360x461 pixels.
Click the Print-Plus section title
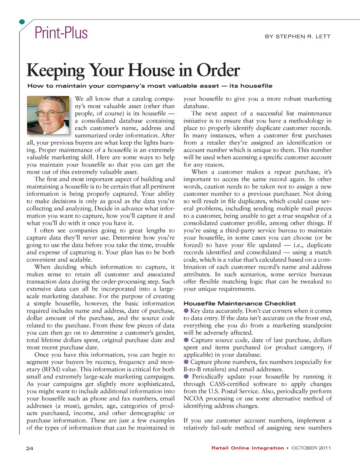[x=61, y=33]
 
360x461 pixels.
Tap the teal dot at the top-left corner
[x=22, y=22]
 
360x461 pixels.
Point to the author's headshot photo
[x=48, y=115]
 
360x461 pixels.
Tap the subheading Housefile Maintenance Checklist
[x=240, y=303]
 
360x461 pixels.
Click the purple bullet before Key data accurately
[x=186, y=311]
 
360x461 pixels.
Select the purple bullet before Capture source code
[x=186, y=340]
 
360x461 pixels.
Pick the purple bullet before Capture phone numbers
[x=186, y=362]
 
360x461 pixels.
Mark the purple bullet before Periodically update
[x=186, y=376]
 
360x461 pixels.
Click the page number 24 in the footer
[x=30, y=448]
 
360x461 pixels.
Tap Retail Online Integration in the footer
[x=247, y=448]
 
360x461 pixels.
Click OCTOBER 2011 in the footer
[x=311, y=448]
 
